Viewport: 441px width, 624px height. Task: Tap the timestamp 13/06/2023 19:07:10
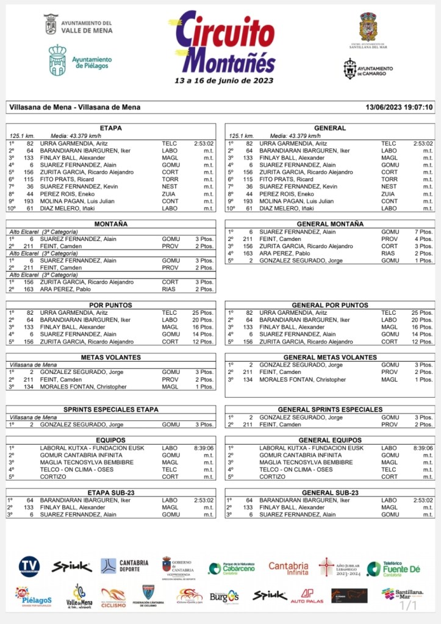tap(399, 107)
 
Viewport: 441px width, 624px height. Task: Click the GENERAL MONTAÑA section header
tap(330, 224)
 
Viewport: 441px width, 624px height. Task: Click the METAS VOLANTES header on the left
tap(111, 357)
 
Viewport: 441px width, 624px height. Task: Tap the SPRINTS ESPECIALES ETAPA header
tap(111, 409)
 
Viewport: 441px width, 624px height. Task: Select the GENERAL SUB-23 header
tap(330, 492)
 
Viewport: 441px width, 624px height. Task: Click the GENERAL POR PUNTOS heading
tap(330, 305)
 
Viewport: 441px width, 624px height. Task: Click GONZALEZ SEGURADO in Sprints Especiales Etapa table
tap(82, 425)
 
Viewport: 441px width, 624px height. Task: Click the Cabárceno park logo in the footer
tap(231, 568)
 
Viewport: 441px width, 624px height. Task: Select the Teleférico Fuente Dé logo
tap(393, 568)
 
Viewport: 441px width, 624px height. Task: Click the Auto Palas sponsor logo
tap(307, 595)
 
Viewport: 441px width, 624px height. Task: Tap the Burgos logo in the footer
tap(224, 596)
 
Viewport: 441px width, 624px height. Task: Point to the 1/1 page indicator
tap(407, 605)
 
